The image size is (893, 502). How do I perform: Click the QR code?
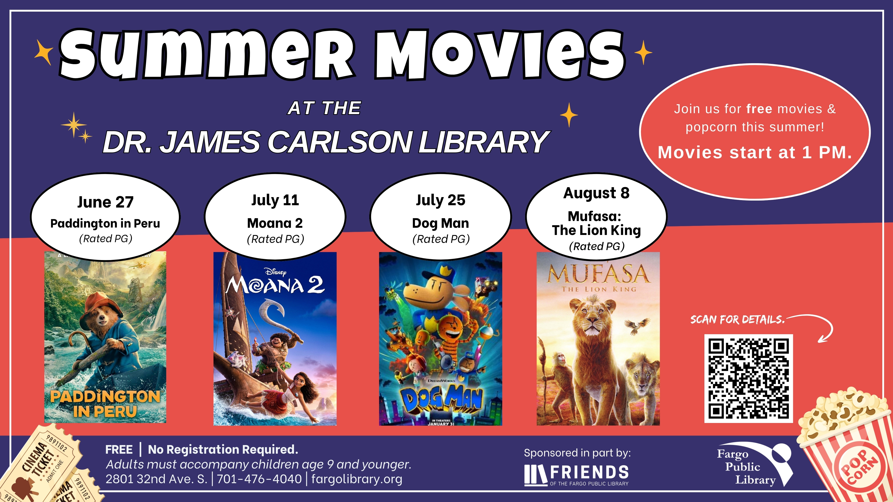point(748,378)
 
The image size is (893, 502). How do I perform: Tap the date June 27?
point(105,202)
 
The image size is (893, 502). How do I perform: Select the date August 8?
point(596,193)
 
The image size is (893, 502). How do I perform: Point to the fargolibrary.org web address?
point(357,479)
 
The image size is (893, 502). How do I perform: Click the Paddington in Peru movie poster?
point(105,337)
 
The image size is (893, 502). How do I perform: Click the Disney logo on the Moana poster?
point(275,272)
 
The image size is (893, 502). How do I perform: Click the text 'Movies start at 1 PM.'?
point(755,152)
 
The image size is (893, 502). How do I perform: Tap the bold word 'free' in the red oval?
point(759,109)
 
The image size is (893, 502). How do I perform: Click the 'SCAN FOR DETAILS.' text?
point(737,319)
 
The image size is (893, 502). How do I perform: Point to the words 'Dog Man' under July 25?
point(440,223)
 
